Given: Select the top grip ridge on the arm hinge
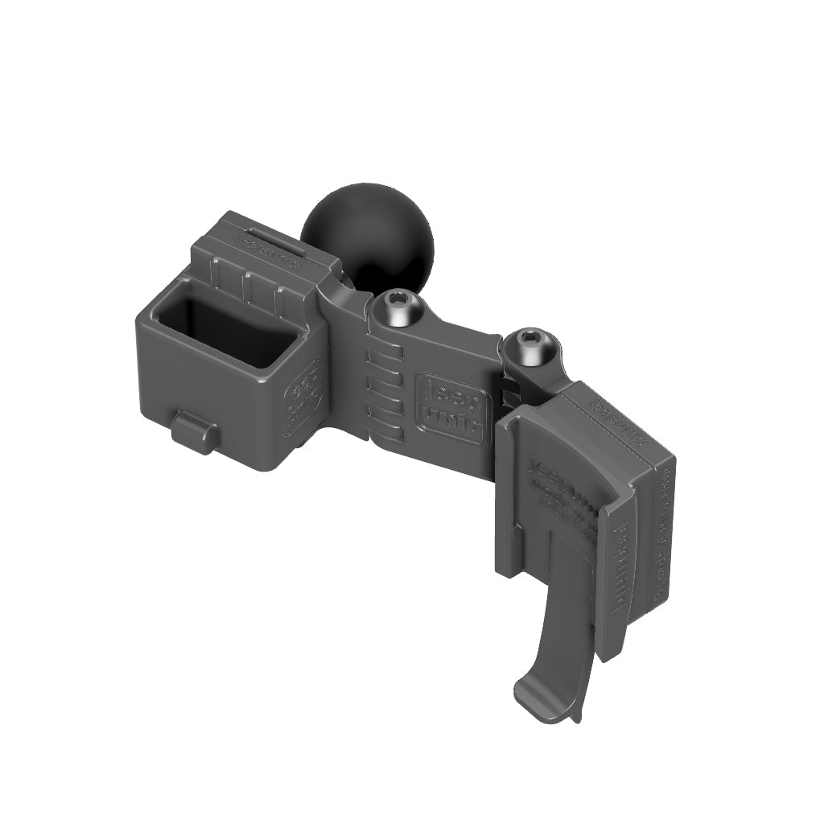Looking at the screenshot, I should pos(385,353).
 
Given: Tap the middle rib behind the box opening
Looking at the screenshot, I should pos(249,285).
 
